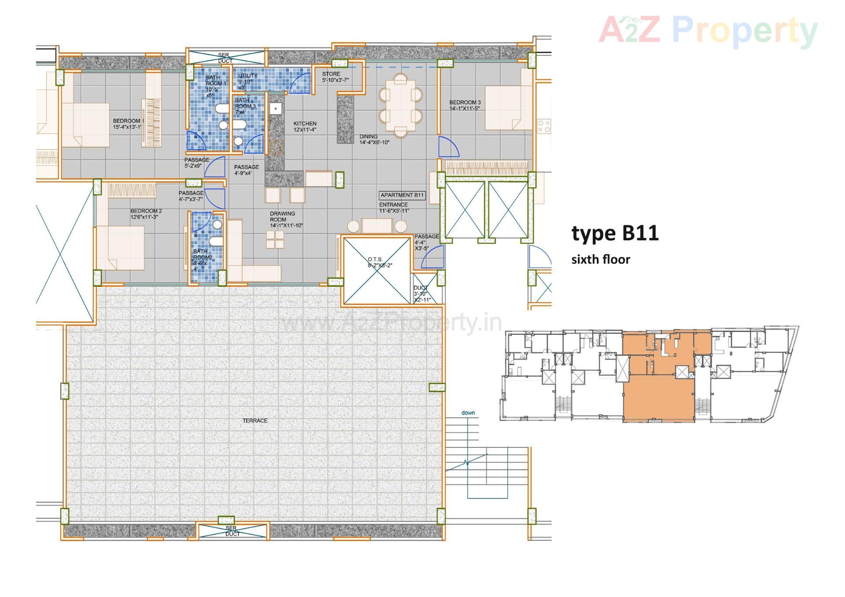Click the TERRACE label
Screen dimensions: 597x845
point(255,421)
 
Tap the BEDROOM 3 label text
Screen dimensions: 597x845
point(465,105)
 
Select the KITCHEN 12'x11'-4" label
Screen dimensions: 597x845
point(305,127)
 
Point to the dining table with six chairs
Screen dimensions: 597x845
point(400,106)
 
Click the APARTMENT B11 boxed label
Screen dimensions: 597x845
point(402,195)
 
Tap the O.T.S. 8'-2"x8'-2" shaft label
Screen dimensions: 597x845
point(378,263)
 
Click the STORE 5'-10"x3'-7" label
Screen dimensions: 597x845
point(334,77)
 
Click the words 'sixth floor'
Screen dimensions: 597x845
point(600,260)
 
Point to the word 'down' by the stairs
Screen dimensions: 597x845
point(468,413)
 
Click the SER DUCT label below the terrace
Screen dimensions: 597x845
point(232,531)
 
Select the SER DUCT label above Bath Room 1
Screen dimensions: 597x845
point(224,58)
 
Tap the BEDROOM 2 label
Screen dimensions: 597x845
point(146,214)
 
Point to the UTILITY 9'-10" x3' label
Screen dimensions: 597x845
point(247,81)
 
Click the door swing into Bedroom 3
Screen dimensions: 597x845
point(449,147)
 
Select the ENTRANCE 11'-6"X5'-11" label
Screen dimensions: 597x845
point(394,208)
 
